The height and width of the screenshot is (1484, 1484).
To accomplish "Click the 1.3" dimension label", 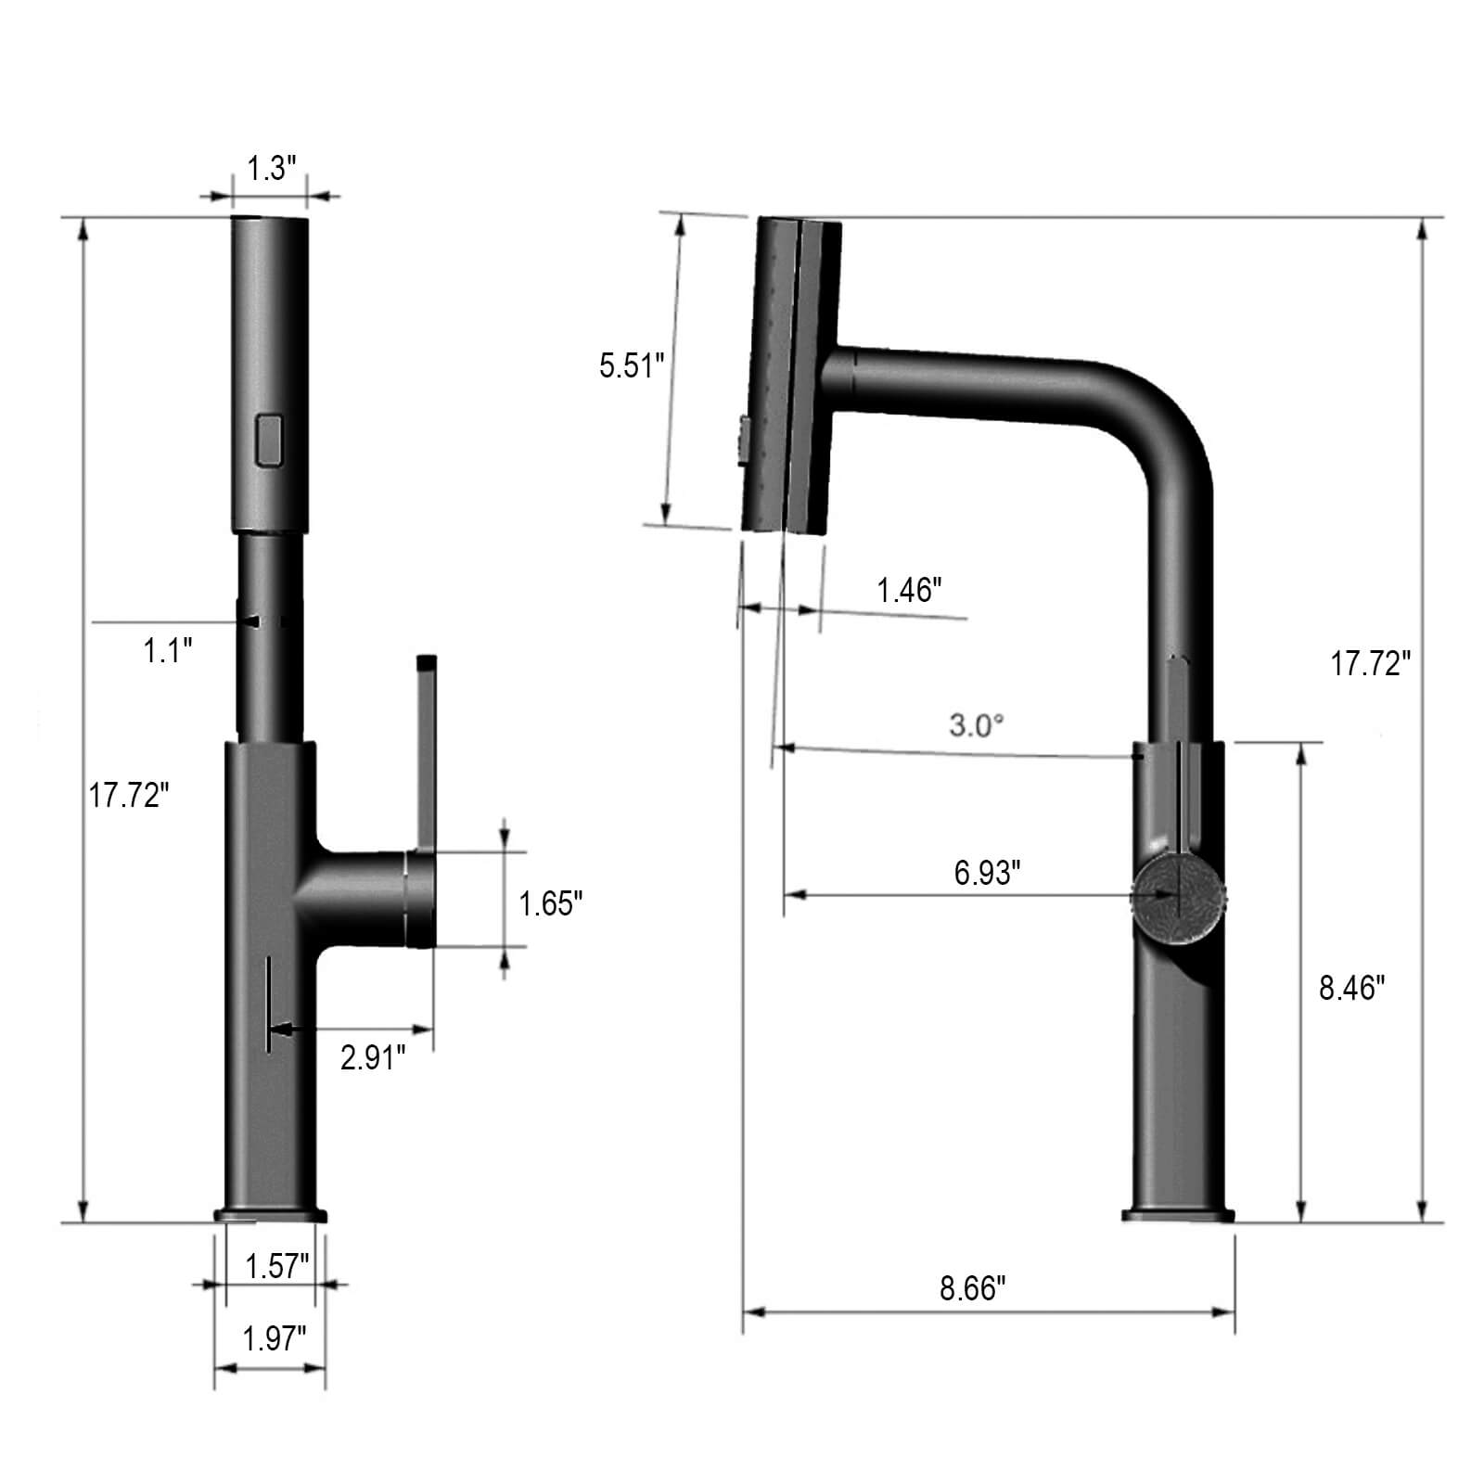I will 270,170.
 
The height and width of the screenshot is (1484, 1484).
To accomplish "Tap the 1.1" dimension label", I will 168,650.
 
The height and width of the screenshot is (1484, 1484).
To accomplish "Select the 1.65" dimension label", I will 551,903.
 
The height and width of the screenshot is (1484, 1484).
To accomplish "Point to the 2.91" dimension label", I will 373,1057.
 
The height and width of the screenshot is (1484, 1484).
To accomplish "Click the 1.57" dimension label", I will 276,1266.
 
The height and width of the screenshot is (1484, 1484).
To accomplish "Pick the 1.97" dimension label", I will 275,1338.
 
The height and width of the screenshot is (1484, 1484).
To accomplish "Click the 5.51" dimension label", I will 633,365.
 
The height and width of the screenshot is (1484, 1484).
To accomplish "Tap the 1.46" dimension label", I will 910,590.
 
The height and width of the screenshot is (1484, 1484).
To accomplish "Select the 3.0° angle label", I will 977,725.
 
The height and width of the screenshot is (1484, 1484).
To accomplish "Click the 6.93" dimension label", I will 988,873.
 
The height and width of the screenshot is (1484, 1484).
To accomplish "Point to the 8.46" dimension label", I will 1351,989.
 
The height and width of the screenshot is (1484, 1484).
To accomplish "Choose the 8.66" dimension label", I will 973,1288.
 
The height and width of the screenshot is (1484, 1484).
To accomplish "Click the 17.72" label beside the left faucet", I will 130,795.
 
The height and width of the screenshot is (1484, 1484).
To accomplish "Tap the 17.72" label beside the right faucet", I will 1371,663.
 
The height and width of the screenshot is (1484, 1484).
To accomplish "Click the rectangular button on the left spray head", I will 270,440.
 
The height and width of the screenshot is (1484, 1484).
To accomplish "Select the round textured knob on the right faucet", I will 1179,898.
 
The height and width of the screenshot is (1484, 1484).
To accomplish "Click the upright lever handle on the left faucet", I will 426,751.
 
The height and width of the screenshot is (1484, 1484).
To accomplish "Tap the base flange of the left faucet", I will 271,1214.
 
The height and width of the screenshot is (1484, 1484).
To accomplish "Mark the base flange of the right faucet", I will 1178,1216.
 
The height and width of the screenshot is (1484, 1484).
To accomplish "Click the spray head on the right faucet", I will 793,376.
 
